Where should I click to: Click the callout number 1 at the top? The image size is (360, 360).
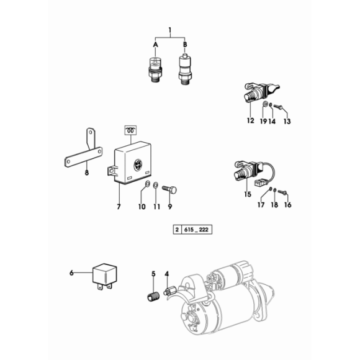(x=170, y=30)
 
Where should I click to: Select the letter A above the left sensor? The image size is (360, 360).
(x=155, y=45)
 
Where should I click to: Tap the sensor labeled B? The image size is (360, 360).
(x=185, y=69)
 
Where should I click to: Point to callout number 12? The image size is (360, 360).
(x=251, y=120)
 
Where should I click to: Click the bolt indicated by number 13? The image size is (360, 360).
(x=278, y=107)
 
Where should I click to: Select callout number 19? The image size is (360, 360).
(x=263, y=121)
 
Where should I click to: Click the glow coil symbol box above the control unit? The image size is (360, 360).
(x=130, y=130)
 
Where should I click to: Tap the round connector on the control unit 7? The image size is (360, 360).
(x=138, y=164)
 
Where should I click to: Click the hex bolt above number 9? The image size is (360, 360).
(x=169, y=190)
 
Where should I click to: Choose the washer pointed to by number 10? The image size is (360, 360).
(x=147, y=184)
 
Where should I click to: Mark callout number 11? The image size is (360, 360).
(x=156, y=207)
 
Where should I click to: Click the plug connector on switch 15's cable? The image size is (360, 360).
(x=259, y=183)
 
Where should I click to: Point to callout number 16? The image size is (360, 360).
(x=287, y=205)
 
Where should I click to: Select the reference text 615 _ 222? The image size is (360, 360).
(x=196, y=230)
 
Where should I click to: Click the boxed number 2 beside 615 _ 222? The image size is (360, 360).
(x=177, y=230)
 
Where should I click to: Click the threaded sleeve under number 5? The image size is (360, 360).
(x=153, y=296)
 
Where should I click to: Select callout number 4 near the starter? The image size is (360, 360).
(x=167, y=274)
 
